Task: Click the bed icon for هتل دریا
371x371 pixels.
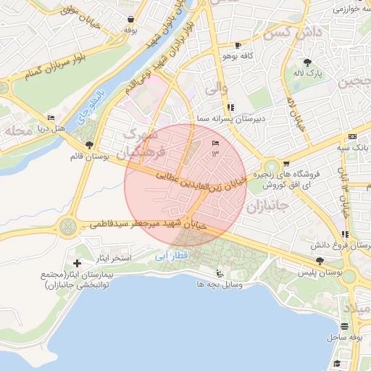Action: [51, 117]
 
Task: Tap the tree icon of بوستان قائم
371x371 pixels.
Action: [89, 145]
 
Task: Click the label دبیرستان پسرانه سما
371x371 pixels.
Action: [233, 117]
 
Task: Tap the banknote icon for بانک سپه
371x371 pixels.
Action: [352, 136]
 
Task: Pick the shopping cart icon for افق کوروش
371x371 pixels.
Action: [286, 164]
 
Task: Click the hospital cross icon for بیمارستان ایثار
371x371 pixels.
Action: [78, 262]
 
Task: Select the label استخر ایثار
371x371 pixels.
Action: [113, 258]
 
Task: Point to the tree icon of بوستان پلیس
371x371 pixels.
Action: [320, 260]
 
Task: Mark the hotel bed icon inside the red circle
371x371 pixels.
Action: [214, 144]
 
